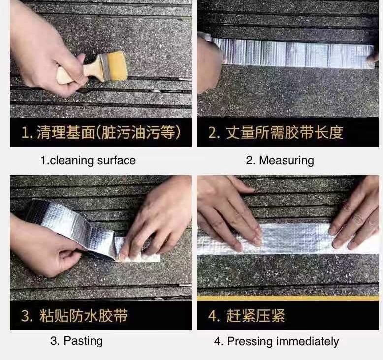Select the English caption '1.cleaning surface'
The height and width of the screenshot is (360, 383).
[88, 161]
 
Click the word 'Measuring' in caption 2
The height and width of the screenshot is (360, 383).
[287, 161]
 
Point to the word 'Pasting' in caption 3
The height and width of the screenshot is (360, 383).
[83, 341]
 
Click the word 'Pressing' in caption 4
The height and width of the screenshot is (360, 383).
[250, 341]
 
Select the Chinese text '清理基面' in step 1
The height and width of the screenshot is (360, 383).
[65, 133]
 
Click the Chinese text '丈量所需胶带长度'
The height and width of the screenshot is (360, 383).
[285, 132]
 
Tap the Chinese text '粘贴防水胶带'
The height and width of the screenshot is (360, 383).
[83, 316]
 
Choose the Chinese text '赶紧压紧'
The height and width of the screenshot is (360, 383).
[255, 315]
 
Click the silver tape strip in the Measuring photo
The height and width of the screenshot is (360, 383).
[293, 54]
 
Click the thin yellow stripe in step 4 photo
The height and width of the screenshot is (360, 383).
[288, 298]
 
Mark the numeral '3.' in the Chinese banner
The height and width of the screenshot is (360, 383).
[27, 316]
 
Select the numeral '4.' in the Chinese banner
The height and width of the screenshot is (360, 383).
[214, 316]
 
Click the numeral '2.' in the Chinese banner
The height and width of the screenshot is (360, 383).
[214, 132]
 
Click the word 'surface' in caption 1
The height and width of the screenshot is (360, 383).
[117, 161]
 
